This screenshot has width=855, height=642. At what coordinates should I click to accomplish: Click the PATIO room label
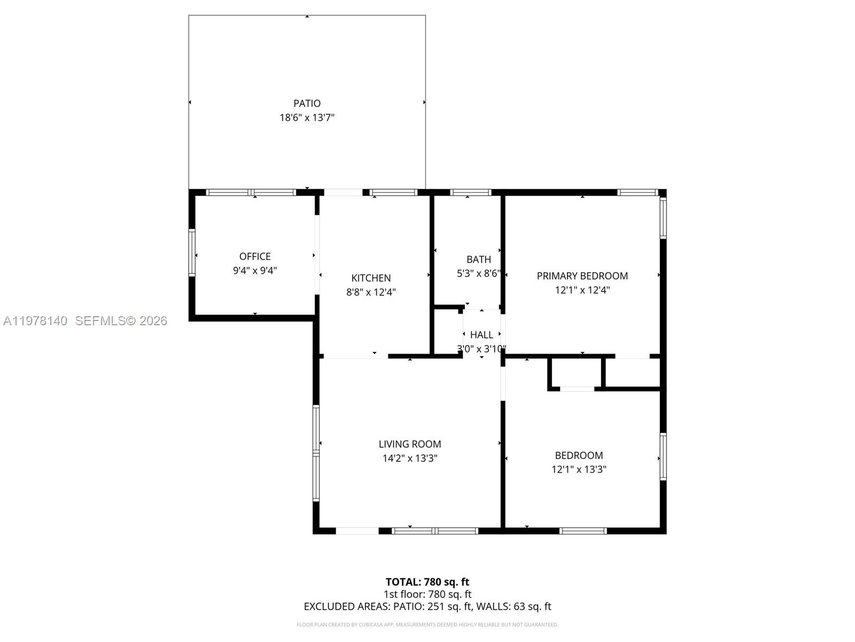(307, 103)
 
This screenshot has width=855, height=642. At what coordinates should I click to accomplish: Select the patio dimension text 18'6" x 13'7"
(307, 118)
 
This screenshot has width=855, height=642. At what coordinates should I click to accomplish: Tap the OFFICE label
(255, 256)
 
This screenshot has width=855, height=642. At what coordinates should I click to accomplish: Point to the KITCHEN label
(371, 278)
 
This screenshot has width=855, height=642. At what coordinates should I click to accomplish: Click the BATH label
(478, 259)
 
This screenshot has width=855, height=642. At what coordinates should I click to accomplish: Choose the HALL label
(481, 335)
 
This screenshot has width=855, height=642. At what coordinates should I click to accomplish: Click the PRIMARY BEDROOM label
(582, 276)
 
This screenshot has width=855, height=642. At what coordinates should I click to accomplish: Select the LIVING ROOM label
(410, 444)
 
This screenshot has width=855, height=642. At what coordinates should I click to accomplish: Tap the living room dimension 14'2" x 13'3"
(410, 458)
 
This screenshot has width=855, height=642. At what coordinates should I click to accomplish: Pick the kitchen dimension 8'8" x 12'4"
(371, 292)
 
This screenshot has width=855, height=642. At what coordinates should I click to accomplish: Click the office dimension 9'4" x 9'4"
(255, 271)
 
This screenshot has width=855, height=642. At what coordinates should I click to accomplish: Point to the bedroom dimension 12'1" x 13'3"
(579, 470)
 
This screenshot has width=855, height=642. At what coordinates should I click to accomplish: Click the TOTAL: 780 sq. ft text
(428, 582)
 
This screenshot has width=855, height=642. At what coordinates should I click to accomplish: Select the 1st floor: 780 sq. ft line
(428, 594)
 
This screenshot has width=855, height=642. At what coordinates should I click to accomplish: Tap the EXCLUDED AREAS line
(428, 606)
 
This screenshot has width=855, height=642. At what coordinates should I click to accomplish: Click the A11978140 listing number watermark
(35, 321)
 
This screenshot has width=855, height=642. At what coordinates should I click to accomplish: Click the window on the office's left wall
(192, 253)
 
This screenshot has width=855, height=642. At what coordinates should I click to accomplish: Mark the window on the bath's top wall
(470, 193)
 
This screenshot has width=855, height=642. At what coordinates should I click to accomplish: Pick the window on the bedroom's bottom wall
(583, 531)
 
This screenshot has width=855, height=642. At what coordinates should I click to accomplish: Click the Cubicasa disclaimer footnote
(428, 624)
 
